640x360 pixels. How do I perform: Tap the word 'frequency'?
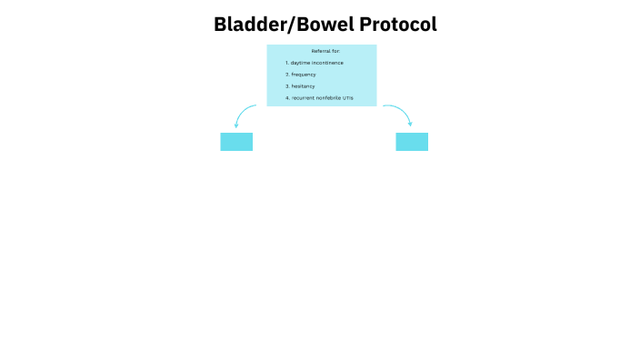(304, 74)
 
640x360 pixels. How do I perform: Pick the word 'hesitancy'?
(303, 85)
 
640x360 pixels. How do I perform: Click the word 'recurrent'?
(303, 97)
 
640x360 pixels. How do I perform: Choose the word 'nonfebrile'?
(328, 97)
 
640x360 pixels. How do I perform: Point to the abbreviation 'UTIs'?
(348, 97)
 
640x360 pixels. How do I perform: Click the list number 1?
(286, 63)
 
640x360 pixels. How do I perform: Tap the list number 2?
(286, 74)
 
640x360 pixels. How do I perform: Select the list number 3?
(286, 85)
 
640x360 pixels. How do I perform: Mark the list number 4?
(286, 97)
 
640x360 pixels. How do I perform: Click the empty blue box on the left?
(236, 142)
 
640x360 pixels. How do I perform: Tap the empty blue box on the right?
(412, 142)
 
